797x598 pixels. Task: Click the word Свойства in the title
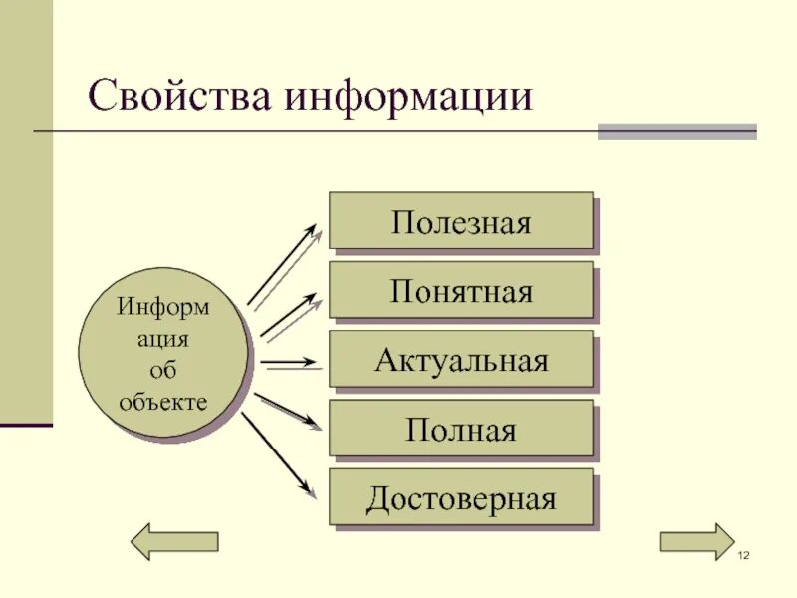pos(178,97)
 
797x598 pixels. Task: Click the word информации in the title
pos(408,99)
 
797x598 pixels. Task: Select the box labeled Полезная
pos(460,220)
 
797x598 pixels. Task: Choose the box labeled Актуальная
pos(460,359)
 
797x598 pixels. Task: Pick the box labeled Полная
pos(460,429)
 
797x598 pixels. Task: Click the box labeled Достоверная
pos(460,497)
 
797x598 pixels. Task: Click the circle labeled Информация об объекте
pos(163,353)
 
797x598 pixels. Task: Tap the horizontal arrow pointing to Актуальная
pos(292,362)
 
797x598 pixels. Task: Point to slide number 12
pos(742,554)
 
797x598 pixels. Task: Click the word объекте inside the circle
pos(163,402)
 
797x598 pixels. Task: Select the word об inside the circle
pos(163,370)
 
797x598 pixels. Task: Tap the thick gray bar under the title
pos(676,131)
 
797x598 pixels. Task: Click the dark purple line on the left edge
pos(26,426)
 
